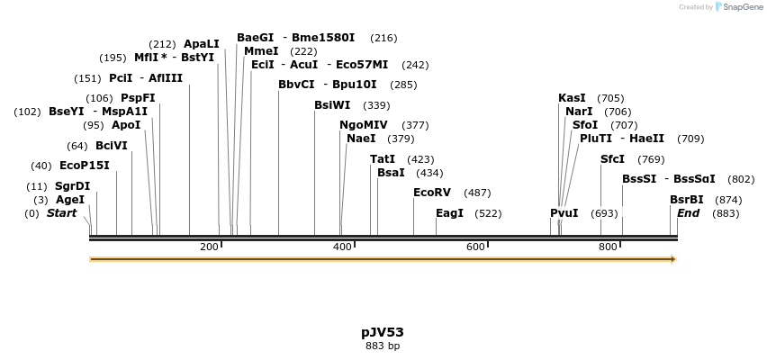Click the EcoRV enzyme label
click(x=432, y=193)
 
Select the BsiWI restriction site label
click(x=332, y=105)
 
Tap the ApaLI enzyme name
click(x=202, y=43)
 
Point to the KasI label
click(x=572, y=98)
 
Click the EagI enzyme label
click(x=449, y=213)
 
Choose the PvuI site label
click(x=564, y=213)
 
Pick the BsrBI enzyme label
click(x=687, y=200)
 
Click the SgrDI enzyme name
click(x=73, y=186)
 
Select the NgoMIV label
click(x=364, y=125)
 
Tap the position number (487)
click(x=477, y=193)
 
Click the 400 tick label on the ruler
click(x=342, y=247)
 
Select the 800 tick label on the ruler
click(x=608, y=247)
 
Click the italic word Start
click(x=62, y=213)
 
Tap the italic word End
click(x=689, y=213)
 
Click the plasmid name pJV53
click(x=383, y=332)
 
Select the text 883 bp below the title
click(x=383, y=346)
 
